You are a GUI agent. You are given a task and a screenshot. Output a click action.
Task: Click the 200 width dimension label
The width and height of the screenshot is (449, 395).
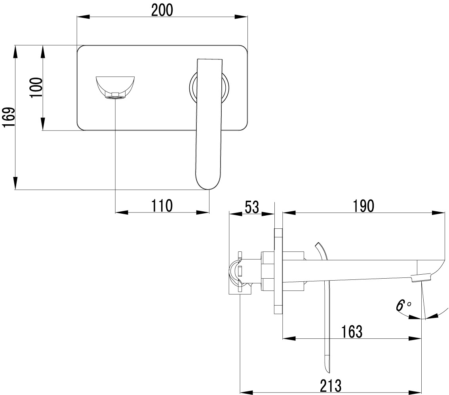[x=162, y=10]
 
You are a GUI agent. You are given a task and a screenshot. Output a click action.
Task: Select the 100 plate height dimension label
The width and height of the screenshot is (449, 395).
[x=36, y=87]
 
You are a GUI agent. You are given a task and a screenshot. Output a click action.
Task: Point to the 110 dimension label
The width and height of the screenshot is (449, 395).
[x=162, y=205]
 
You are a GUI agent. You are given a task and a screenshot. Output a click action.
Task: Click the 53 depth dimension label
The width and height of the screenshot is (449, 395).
[x=252, y=207]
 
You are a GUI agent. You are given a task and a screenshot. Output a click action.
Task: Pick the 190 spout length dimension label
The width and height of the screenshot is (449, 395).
[x=363, y=206]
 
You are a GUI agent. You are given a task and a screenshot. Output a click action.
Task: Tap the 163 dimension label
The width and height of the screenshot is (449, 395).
[x=352, y=332]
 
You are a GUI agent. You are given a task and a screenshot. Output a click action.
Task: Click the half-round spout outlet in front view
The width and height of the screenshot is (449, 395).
[x=115, y=87]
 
